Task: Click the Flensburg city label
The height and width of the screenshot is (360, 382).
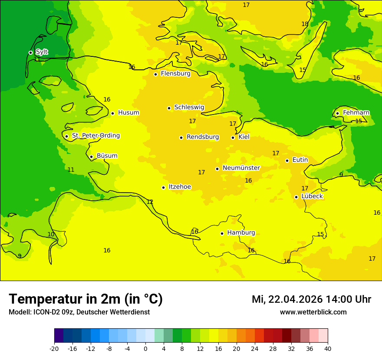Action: point(175,74)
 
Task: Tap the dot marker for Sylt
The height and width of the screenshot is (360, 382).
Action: point(30,52)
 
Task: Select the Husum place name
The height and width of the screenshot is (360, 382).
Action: point(128,113)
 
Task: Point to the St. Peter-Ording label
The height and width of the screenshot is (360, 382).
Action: point(95,136)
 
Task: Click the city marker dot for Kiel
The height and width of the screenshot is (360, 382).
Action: point(233,137)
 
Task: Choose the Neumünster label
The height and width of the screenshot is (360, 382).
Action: point(241,168)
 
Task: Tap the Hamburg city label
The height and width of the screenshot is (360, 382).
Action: point(241,233)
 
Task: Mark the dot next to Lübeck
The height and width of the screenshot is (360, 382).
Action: point(296,197)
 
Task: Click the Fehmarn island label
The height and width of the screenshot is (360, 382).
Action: point(356,113)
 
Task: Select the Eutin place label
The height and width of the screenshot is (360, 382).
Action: point(300,160)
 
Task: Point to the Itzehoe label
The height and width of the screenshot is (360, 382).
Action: point(180,187)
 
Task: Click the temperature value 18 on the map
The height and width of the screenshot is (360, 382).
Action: point(305,24)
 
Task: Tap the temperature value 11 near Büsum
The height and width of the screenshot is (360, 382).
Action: point(71,170)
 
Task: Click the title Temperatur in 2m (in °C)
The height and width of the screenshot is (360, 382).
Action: point(86,299)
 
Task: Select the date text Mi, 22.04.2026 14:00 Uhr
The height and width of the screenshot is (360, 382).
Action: point(311,300)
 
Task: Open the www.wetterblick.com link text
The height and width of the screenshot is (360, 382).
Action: point(313,312)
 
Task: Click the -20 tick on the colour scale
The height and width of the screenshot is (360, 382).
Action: point(54,349)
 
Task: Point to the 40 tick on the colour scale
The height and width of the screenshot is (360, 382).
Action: point(328,349)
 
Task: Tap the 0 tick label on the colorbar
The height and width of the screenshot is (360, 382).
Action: point(145,349)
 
